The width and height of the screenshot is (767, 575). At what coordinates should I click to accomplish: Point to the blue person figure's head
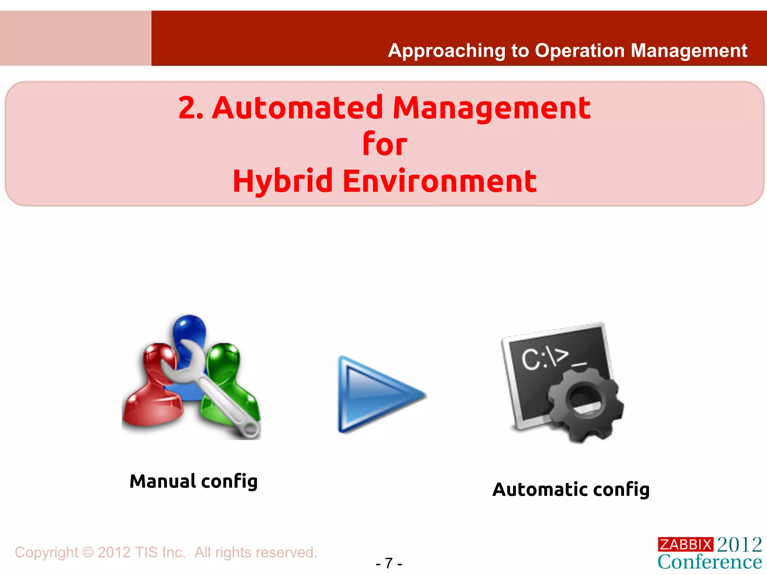pyautogui.click(x=189, y=328)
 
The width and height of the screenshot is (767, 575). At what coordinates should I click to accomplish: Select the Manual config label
pyautogui.click(x=194, y=481)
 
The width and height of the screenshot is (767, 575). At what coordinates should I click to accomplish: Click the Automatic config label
pyautogui.click(x=571, y=490)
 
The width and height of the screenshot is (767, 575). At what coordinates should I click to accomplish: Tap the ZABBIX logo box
pyautogui.click(x=685, y=544)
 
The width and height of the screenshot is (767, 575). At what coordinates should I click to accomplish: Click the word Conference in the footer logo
pyautogui.click(x=710, y=562)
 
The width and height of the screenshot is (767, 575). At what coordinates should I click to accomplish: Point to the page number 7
pyautogui.click(x=389, y=563)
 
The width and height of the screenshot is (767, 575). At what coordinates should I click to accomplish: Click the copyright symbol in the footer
pyautogui.click(x=88, y=553)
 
